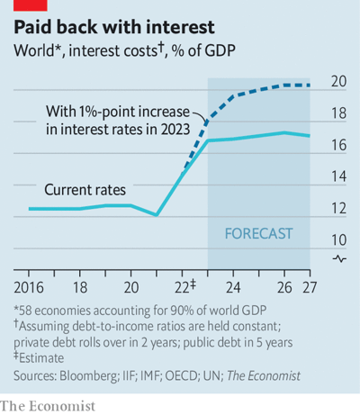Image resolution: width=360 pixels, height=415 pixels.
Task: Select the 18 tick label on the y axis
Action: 338,114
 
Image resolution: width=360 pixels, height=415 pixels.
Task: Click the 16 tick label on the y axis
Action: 338,146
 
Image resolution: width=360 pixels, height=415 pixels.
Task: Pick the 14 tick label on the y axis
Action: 338,177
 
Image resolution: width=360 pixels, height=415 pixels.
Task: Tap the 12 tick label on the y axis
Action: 338,209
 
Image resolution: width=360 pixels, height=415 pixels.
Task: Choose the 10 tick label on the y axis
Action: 338,240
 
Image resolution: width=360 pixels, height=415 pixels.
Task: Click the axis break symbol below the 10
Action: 338,258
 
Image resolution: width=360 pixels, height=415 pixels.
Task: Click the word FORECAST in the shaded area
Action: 258,233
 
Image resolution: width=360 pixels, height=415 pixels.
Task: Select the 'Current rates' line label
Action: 85,190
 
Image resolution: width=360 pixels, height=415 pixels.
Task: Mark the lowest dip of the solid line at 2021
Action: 157,215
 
